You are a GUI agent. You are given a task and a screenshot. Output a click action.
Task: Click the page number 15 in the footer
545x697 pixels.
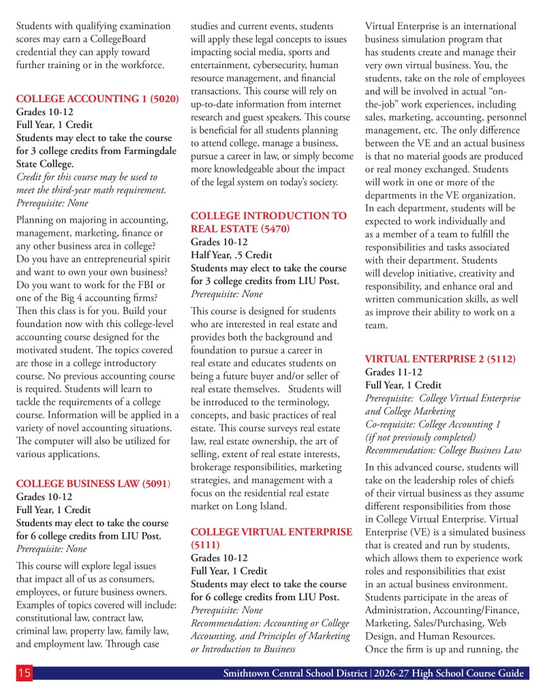[x=24, y=673]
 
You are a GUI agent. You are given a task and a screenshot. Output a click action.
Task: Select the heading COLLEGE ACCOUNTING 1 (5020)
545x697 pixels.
[x=97, y=99]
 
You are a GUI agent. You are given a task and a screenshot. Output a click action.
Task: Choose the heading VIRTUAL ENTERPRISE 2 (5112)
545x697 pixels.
[x=440, y=358]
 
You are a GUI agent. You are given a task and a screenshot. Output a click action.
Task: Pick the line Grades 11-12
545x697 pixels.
[x=393, y=372]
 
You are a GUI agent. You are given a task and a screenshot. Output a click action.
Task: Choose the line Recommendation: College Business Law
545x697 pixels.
[x=442, y=450]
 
